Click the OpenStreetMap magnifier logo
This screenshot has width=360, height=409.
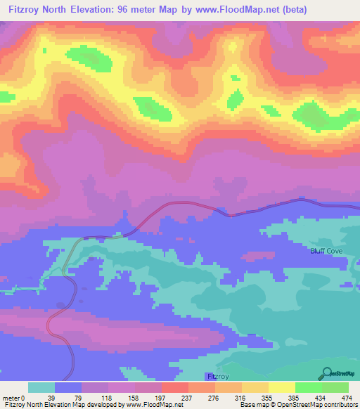tap(326, 372)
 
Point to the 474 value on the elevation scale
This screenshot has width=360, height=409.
tap(346, 398)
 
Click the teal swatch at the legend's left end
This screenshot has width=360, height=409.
tap(41, 387)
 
